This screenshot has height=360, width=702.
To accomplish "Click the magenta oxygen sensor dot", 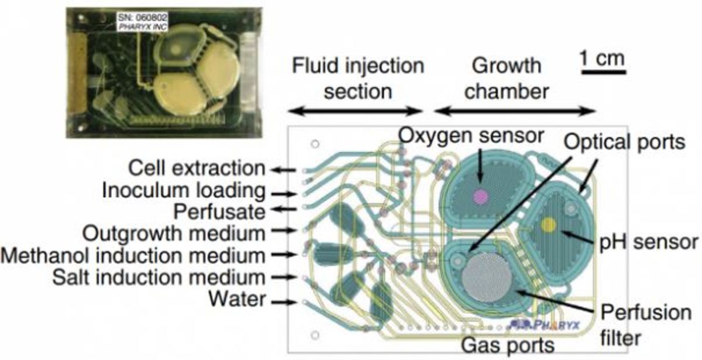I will click(480, 197).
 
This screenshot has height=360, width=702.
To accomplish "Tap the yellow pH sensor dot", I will click(548, 224).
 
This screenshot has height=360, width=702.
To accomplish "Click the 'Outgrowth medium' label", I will click(173, 232).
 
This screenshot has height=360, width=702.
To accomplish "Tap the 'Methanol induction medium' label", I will click(132, 255).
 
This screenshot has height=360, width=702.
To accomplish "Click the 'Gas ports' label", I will click(508, 345).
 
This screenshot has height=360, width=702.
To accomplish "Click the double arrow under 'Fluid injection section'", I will click(355, 109).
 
